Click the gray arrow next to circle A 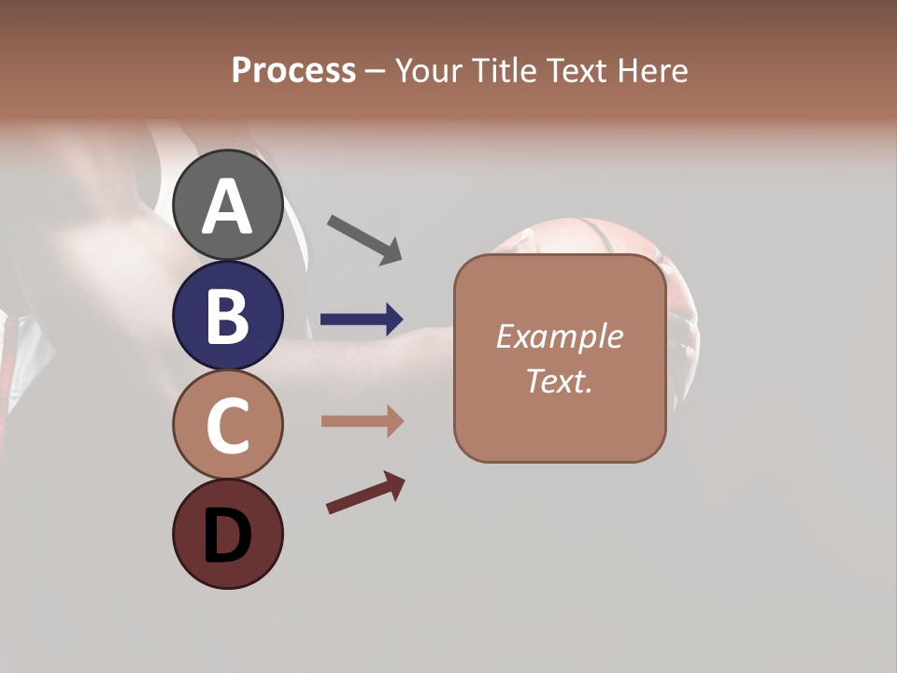(x=364, y=238)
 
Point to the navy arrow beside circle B (x=362, y=320)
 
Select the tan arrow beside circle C (x=362, y=422)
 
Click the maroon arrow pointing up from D (x=365, y=493)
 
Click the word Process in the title (x=293, y=70)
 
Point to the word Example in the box (x=559, y=336)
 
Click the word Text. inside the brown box (x=559, y=380)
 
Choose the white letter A (x=227, y=207)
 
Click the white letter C (x=227, y=425)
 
